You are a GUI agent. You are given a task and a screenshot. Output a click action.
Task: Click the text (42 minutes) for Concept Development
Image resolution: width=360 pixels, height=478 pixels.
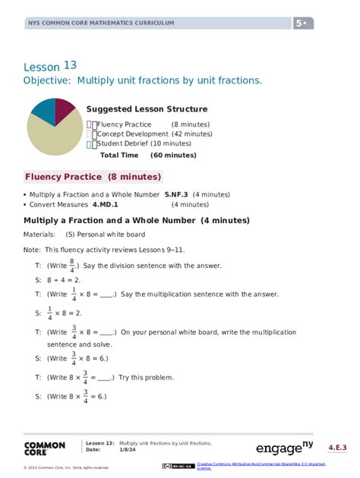coord(192,134)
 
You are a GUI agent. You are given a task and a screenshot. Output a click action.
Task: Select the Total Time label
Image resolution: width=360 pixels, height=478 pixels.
coord(119,155)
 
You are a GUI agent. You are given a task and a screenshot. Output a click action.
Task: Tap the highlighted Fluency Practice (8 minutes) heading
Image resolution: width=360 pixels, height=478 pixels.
coord(93,177)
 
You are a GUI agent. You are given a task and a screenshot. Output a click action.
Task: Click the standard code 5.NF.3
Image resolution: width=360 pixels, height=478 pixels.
coord(178,194)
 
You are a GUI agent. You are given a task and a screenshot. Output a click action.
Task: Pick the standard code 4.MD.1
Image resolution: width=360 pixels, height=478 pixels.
coord(107,204)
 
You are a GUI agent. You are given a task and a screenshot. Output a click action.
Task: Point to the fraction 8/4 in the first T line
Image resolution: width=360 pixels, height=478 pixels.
coord(72,266)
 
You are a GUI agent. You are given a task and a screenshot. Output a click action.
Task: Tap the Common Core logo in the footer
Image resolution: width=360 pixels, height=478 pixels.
coord(44,449)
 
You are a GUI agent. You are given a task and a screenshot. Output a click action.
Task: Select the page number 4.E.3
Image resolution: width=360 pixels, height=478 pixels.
coord(337,448)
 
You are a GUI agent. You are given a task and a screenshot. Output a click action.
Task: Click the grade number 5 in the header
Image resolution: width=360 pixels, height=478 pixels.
coord(299,24)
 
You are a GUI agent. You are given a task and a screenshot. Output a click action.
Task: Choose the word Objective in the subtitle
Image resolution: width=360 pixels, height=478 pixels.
coord(49,80)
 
